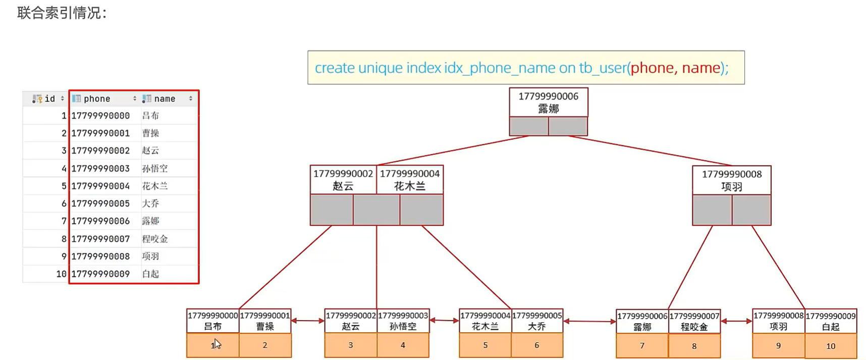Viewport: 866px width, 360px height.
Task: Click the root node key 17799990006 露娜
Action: coord(549,102)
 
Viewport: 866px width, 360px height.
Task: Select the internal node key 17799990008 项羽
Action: coord(732,180)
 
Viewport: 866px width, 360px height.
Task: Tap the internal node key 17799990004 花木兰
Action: coord(410,180)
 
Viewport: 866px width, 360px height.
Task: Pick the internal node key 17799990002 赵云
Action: coord(343,180)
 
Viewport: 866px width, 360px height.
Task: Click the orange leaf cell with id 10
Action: coord(831,346)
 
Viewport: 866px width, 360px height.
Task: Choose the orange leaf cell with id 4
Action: coord(403,345)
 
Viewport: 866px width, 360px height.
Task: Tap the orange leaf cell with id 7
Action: coord(642,346)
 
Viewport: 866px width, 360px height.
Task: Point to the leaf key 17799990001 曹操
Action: coord(265,321)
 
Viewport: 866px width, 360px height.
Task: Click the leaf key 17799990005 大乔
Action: coord(537,321)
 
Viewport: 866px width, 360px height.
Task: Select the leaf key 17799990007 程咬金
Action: coord(694,322)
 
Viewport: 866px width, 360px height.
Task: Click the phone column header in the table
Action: coord(104,98)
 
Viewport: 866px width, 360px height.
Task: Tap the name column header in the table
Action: coord(169,98)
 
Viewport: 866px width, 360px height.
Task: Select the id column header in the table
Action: coord(46,98)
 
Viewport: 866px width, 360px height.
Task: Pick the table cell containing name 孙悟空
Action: coord(169,168)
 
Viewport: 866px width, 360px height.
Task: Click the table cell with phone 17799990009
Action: coord(104,274)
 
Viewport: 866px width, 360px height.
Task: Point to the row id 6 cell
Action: coord(46,203)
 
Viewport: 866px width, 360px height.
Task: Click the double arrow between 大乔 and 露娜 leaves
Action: coord(589,321)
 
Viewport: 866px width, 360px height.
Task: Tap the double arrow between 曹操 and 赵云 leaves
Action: coord(308,321)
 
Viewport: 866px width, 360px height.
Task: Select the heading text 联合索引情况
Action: coord(59,13)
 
